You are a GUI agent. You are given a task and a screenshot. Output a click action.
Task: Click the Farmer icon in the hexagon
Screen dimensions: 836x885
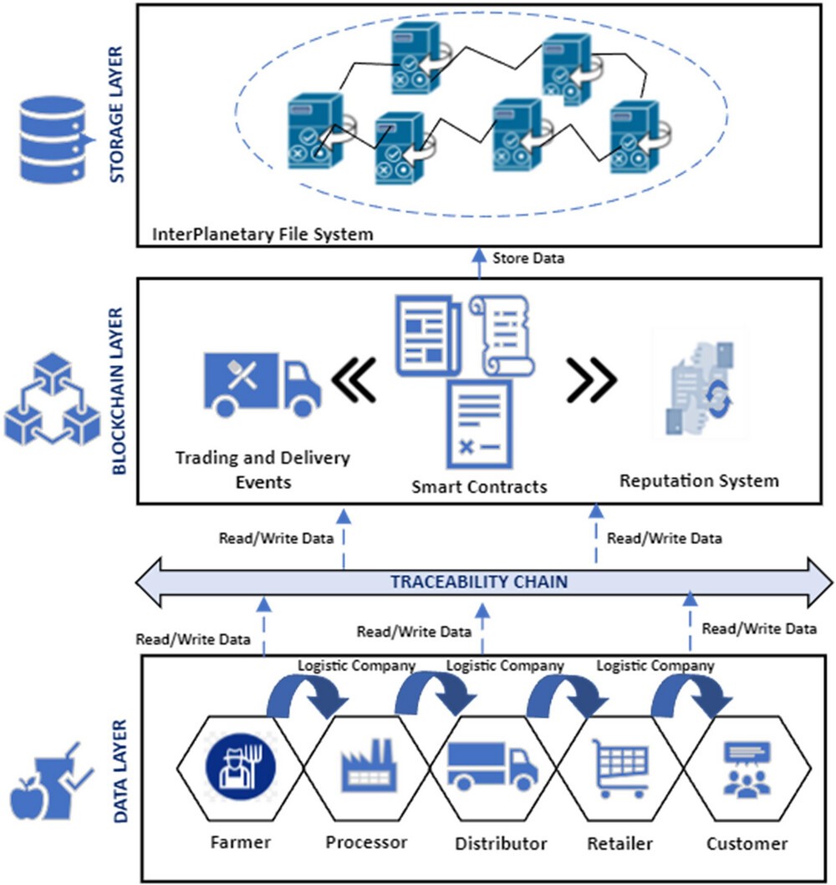click(x=241, y=766)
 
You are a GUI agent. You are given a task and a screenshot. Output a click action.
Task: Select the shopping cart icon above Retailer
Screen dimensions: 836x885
click(x=619, y=768)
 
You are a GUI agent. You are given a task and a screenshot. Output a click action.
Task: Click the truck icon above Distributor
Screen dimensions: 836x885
click(x=492, y=765)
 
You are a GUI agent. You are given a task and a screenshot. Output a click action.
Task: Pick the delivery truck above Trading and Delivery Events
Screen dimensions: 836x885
click(x=263, y=385)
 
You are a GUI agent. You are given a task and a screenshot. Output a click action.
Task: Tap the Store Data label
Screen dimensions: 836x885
click(x=528, y=258)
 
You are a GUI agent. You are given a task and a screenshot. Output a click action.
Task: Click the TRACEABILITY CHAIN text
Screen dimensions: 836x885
click(x=479, y=582)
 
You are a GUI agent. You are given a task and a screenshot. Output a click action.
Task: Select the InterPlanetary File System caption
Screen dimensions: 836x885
click(x=263, y=234)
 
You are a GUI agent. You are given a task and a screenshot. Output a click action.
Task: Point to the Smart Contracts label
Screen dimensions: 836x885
click(x=479, y=486)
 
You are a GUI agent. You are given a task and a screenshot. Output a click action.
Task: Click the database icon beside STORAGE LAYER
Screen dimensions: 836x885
click(x=54, y=140)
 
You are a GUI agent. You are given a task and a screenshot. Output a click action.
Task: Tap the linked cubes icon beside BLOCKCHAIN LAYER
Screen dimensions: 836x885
click(x=53, y=399)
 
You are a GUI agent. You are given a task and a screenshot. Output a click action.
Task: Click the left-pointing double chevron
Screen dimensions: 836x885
click(x=354, y=380)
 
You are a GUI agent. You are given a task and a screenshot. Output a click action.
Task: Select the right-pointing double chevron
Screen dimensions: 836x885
click(x=591, y=380)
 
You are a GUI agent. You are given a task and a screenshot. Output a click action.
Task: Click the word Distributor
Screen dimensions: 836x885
click(x=502, y=844)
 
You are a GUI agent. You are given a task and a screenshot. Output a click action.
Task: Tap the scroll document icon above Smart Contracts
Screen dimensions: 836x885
click(x=502, y=335)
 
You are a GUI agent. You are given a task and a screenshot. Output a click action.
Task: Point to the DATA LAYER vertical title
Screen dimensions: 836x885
click(x=120, y=771)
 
